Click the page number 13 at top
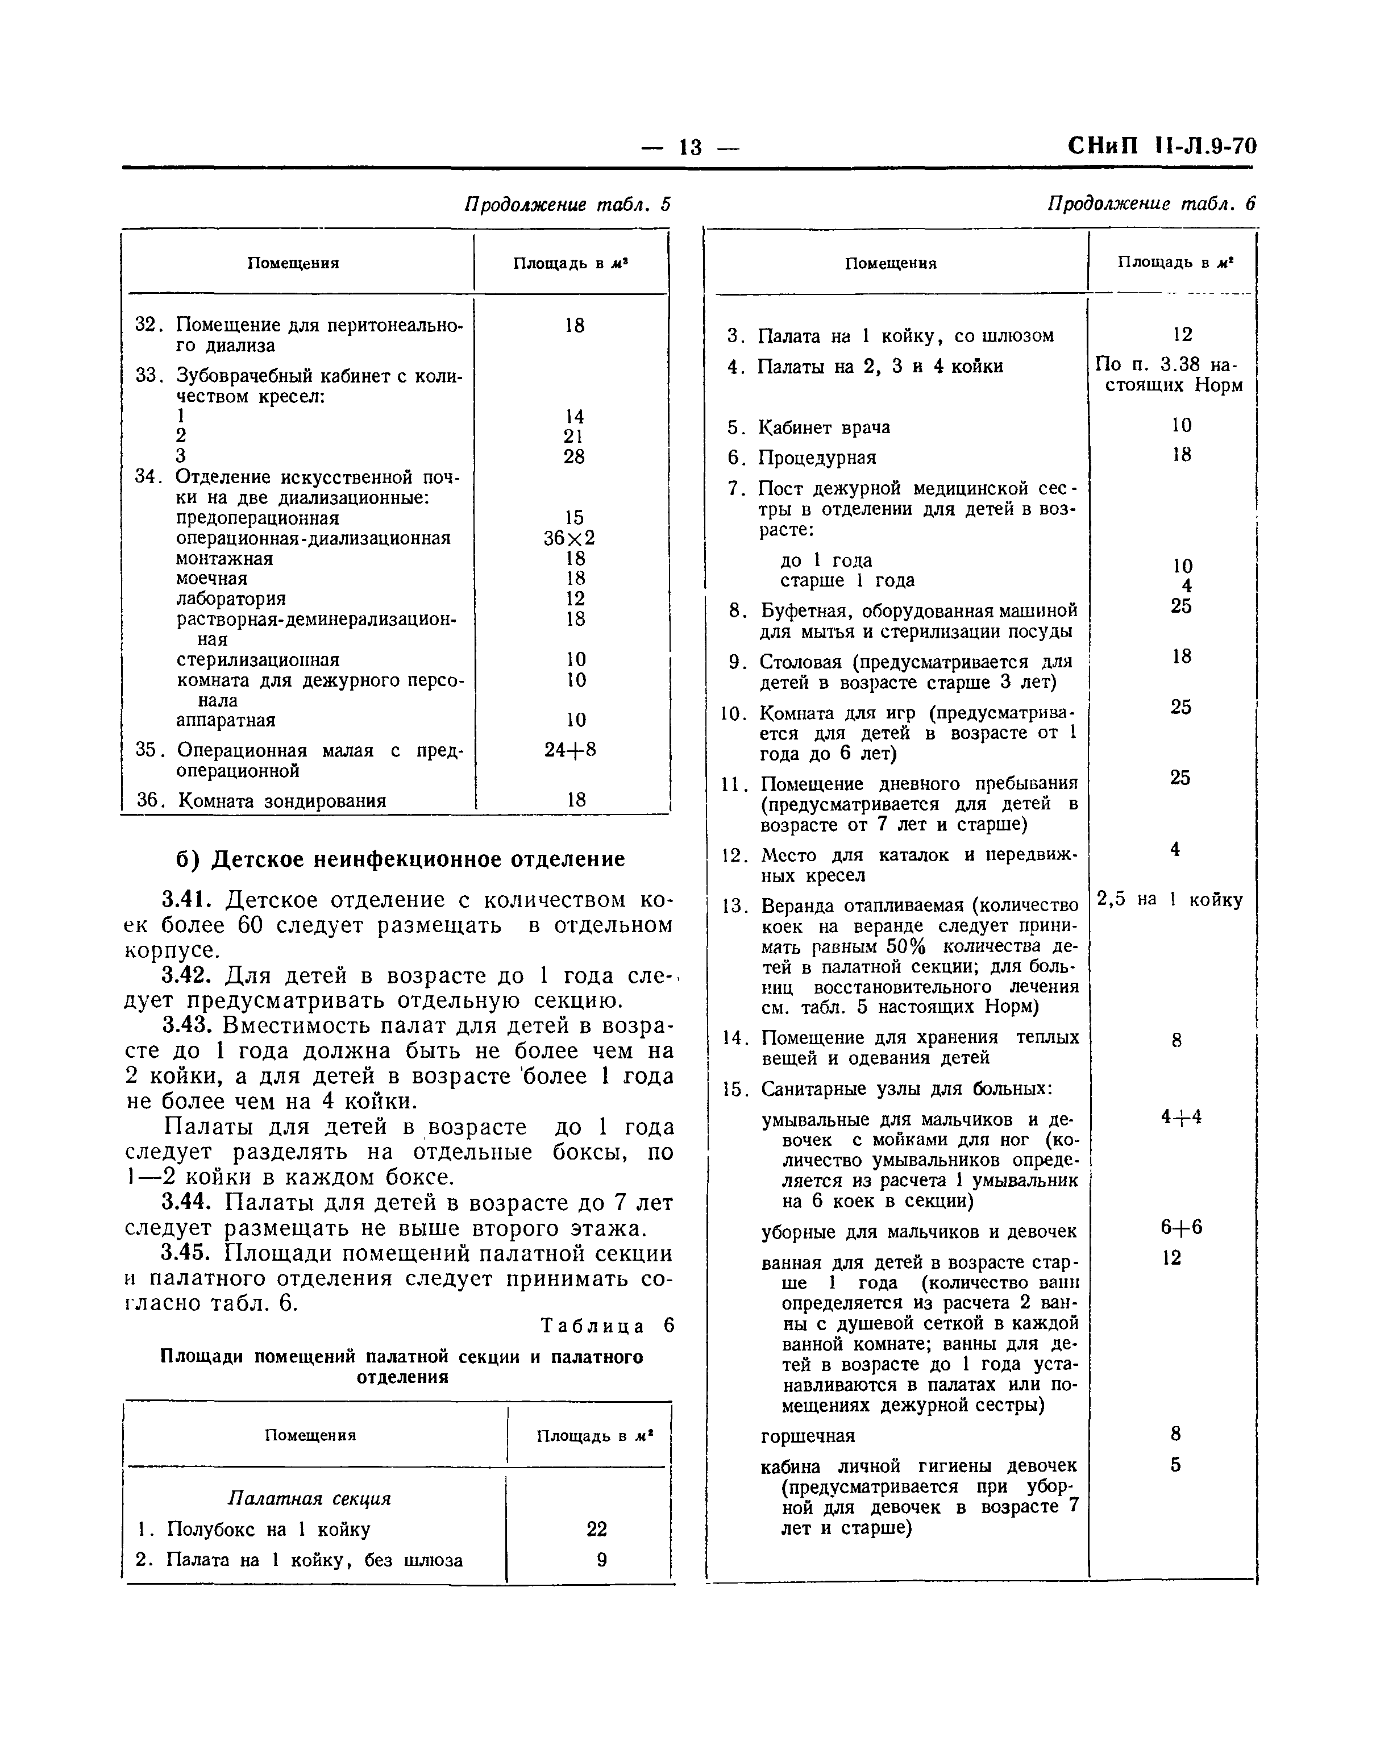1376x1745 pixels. click(x=691, y=147)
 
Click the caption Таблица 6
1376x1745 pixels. click(x=606, y=1326)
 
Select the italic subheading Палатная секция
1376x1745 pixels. click(x=309, y=1498)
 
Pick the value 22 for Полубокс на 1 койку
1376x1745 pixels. click(x=596, y=1529)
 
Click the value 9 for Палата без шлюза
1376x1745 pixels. click(x=601, y=1560)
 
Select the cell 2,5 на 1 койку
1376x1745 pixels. click(x=1170, y=900)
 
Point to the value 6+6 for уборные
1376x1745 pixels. click(x=1180, y=1228)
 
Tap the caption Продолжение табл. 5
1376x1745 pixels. click(x=567, y=205)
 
